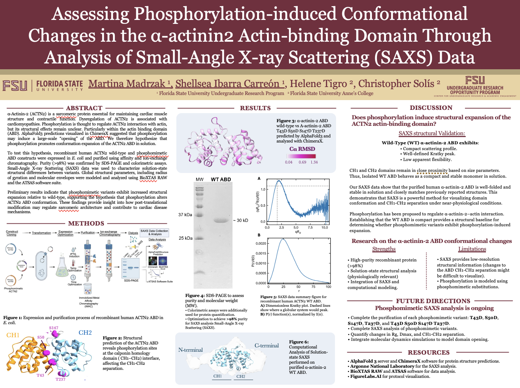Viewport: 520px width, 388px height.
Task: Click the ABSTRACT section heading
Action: point(84,108)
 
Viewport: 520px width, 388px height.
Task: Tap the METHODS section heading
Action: point(86,223)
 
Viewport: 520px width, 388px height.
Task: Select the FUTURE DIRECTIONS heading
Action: point(433,301)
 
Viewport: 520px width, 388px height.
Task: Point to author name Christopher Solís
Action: point(396,84)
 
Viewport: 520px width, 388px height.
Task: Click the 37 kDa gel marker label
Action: point(185,215)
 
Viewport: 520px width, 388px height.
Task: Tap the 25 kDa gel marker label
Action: point(185,238)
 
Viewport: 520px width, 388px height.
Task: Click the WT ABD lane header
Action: point(221,179)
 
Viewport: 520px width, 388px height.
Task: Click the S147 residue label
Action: point(54,328)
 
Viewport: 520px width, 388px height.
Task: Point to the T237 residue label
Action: point(60,379)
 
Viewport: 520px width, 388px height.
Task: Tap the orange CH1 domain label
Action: point(13,335)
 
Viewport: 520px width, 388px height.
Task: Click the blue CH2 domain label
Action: point(85,333)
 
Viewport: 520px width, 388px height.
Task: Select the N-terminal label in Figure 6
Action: point(190,350)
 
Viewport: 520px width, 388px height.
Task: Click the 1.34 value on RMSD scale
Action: point(314,162)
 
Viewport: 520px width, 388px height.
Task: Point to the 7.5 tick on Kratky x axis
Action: point(310,227)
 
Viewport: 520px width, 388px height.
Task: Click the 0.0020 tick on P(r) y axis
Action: point(261,244)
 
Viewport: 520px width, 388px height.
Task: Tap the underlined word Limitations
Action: point(472,249)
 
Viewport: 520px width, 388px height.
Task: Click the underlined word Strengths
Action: point(384,249)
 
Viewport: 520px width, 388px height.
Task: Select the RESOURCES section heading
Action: point(429,352)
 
